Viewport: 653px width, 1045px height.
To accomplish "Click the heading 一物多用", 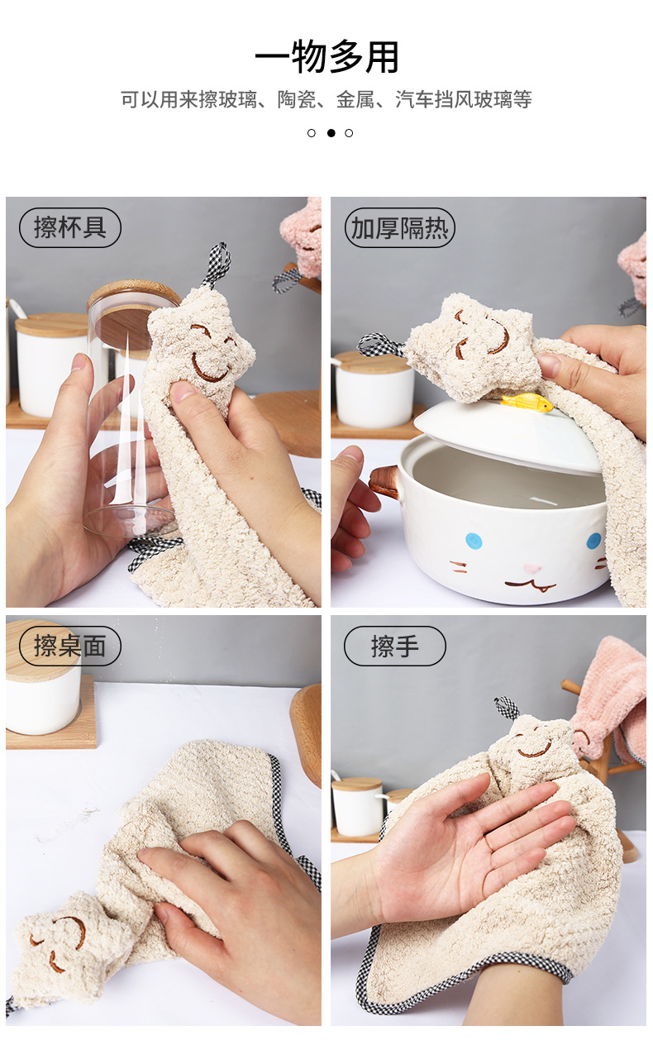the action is (x=326, y=57).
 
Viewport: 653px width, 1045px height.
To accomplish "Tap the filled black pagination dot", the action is (x=331, y=133).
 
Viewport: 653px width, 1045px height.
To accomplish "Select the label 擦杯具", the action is (x=70, y=227).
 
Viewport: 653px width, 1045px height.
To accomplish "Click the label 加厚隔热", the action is (x=400, y=227).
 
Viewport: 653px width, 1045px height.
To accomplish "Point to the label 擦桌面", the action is (x=70, y=647).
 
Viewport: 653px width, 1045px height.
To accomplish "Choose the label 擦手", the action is (x=395, y=647).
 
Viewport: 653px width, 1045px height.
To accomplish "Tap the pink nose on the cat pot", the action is (x=531, y=569).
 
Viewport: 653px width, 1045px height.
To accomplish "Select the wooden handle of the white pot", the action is (x=384, y=482).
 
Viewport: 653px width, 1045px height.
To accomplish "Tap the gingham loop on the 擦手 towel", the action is (x=507, y=708).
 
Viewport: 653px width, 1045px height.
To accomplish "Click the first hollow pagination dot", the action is (x=312, y=133).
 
